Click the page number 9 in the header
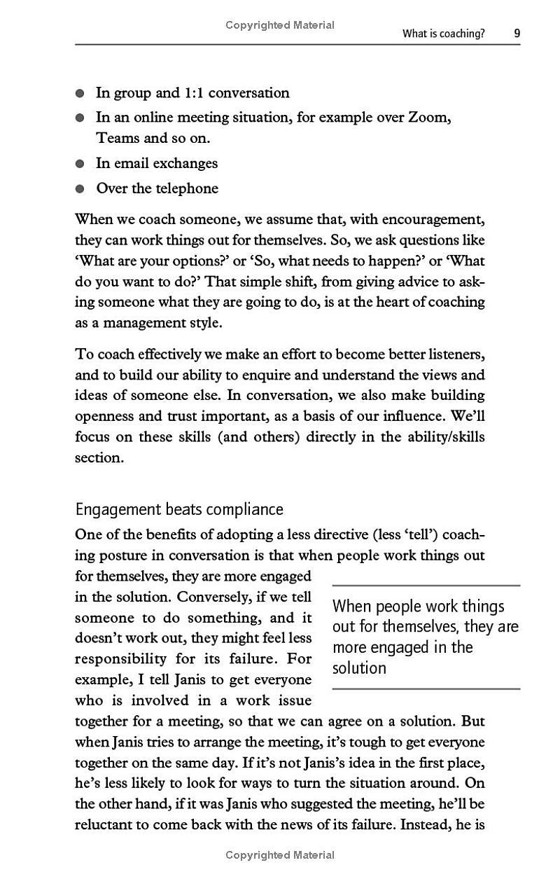[517, 33]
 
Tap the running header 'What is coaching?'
[443, 33]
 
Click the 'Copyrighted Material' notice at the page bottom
[280, 855]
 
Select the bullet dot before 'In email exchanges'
[80, 164]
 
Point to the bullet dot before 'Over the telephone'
[80, 188]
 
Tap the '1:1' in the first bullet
[193, 93]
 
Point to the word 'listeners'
[453, 354]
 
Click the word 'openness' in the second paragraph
[105, 416]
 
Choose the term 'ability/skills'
[447, 437]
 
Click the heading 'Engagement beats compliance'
[179, 509]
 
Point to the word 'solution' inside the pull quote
[359, 668]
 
